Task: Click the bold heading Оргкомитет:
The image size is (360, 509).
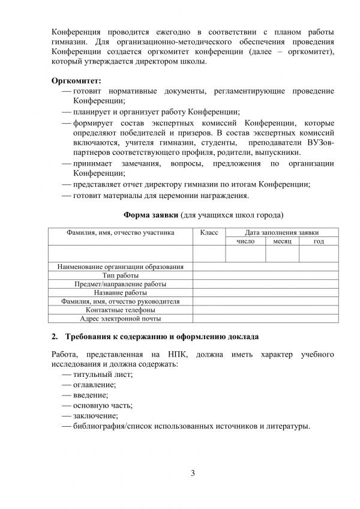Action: [76, 79]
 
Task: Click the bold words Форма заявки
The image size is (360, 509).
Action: [151, 214]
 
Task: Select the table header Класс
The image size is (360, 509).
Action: [208, 232]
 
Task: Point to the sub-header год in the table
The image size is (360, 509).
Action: [319, 241]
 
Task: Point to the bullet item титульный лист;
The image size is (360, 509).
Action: [103, 374]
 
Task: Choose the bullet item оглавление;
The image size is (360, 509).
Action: [95, 385]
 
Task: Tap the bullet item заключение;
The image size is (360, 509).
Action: [95, 415]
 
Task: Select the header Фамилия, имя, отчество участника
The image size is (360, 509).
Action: [121, 232]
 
